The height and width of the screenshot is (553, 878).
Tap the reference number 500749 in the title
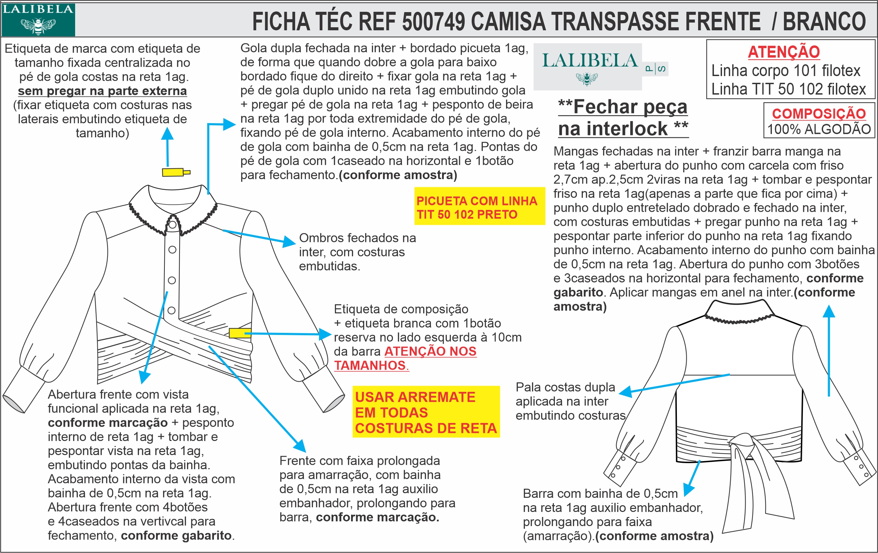click(x=434, y=22)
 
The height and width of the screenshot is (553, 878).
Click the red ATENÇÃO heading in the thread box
click(x=784, y=52)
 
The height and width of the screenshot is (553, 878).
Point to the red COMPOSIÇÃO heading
click(x=819, y=114)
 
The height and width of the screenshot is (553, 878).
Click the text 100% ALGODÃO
click(x=819, y=129)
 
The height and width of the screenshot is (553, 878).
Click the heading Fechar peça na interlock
click(x=623, y=118)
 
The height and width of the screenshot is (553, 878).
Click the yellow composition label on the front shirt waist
click(x=240, y=333)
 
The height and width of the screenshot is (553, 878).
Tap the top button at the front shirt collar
click(x=173, y=225)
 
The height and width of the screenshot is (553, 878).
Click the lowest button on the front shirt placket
click(x=171, y=310)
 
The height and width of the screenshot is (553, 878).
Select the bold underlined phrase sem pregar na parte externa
click(x=102, y=91)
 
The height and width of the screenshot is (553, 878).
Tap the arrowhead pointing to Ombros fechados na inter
click(x=290, y=242)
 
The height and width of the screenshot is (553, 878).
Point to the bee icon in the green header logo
click(x=38, y=26)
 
